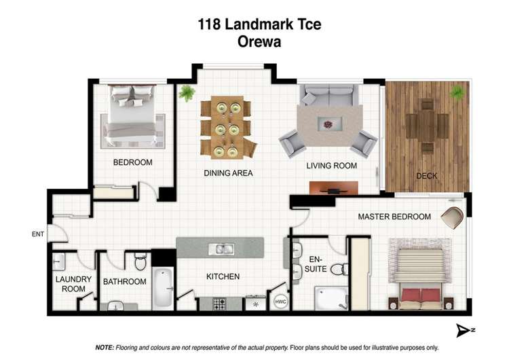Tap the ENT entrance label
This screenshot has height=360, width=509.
click(x=37, y=235)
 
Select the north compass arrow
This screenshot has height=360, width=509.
click(x=463, y=330)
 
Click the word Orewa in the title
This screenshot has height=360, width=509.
click(x=259, y=41)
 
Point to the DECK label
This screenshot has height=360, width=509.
click(x=426, y=176)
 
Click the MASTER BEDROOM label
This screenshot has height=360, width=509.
click(x=394, y=217)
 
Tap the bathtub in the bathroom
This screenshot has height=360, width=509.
click(x=164, y=288)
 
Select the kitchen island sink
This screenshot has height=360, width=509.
click(x=221, y=249)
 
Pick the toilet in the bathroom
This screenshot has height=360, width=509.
click(x=140, y=260)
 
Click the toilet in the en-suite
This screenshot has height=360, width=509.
click(x=343, y=269)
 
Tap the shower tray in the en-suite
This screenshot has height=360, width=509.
click(x=331, y=297)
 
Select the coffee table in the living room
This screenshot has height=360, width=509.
click(x=330, y=125)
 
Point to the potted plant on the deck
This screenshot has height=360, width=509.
click(x=458, y=92)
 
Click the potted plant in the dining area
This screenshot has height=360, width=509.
click(x=187, y=94)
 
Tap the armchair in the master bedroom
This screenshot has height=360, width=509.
click(x=452, y=217)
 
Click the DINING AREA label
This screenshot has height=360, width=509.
click(x=228, y=173)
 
